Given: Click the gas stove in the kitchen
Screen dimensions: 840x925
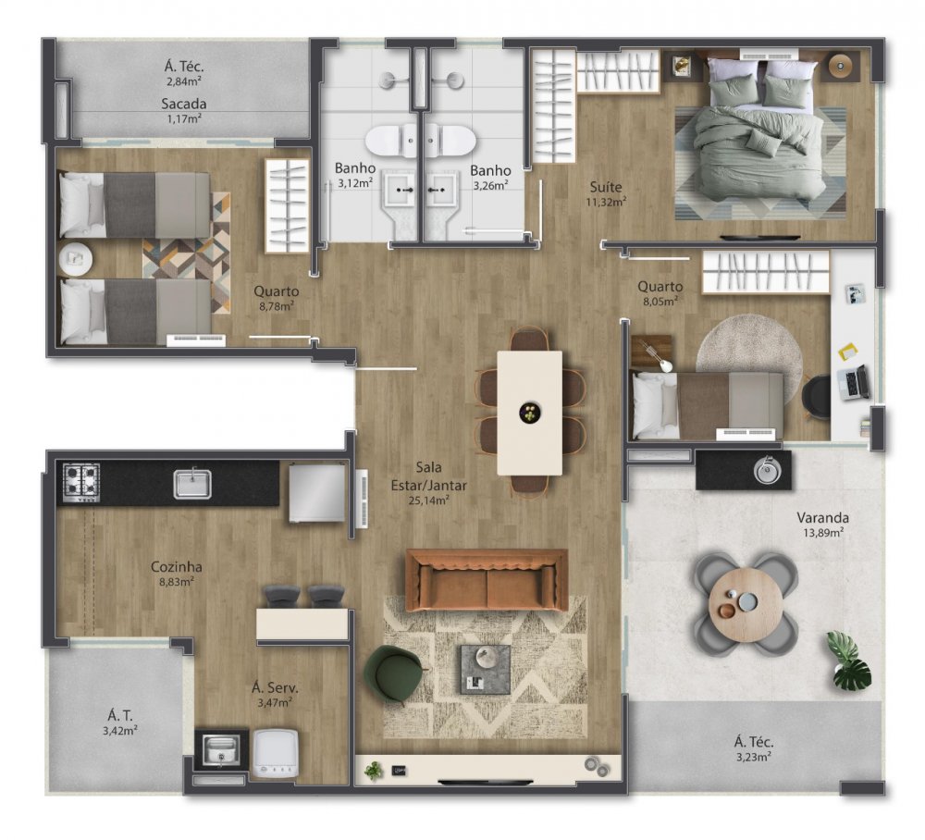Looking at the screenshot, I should pos(81,481).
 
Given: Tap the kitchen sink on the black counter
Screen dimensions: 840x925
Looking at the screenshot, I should pos(192,483).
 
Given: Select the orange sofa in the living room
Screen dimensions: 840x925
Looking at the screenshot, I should pos(487,581).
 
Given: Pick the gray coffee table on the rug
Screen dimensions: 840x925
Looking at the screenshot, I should pos(486,669).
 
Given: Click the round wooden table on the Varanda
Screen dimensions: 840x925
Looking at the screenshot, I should pos(746,603).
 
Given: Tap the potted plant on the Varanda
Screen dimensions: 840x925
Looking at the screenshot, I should pos(849,661).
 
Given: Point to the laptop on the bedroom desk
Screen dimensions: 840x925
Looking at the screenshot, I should pos(853,381).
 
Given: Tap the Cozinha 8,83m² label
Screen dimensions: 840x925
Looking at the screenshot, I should pos(177,574).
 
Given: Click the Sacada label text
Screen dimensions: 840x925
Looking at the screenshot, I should pos(183,104).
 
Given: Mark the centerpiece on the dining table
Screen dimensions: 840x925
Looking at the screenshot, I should pos(529,413).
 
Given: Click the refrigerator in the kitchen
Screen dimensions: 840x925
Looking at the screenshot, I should pos(315,492).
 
